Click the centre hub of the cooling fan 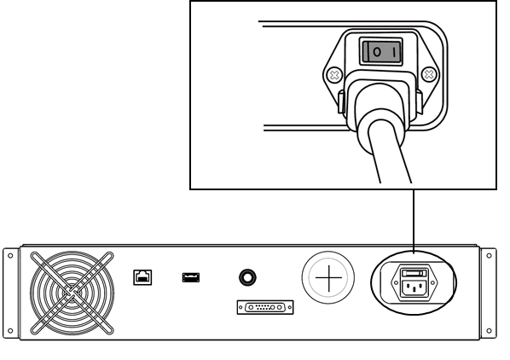point(72,293)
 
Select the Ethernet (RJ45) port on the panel point(142,277)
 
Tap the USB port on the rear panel point(191,277)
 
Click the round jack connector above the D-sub point(247,277)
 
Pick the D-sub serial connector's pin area point(265,307)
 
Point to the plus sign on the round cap point(328,278)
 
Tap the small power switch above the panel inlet point(414,273)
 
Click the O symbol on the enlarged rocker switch point(377,52)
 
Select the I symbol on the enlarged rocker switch point(395,52)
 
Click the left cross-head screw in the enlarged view point(334,75)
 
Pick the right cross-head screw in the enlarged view point(429,74)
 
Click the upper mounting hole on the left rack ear point(10,256)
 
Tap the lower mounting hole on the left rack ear point(10,331)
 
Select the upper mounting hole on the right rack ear point(489,256)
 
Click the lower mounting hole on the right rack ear point(489,331)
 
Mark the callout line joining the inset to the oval point(414,221)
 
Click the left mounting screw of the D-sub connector point(241,307)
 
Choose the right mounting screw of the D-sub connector point(290,307)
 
